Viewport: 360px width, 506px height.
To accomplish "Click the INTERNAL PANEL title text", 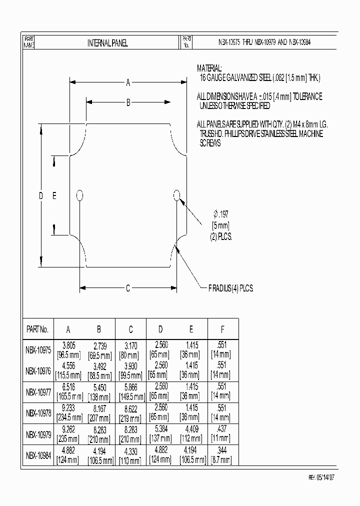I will point(107,43).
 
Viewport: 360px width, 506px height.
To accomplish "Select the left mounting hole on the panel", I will point(79,195).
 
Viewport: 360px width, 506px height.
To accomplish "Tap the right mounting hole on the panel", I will point(176,195).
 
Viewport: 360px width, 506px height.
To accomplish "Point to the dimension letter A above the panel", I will point(128,83).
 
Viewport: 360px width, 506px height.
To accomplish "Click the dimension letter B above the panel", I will point(128,103).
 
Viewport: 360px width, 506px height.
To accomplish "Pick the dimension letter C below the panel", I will point(128,288).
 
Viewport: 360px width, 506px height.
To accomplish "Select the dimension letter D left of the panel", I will point(41,196).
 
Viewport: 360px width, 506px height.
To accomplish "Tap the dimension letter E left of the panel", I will point(54,196).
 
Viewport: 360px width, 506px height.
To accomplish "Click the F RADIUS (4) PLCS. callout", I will point(231,288).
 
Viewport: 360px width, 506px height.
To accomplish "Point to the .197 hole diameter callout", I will point(221,214).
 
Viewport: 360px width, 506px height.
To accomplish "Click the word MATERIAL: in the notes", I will point(209,68).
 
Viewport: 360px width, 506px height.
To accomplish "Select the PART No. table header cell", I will point(37,329).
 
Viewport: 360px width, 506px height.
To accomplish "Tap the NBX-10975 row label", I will point(38,350).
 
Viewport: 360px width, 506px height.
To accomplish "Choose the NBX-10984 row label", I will point(38,455).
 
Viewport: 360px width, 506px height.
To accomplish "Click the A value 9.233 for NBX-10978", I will point(68,408).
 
